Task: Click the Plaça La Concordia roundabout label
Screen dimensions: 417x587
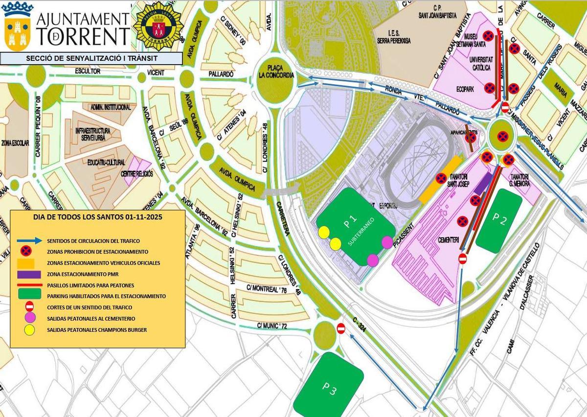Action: (277, 71)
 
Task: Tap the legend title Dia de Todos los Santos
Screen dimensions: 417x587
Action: (97, 216)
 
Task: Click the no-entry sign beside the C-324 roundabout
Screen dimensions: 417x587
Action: (341, 328)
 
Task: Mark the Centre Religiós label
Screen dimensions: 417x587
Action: (136, 173)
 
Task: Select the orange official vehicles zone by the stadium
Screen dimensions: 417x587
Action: (440, 180)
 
